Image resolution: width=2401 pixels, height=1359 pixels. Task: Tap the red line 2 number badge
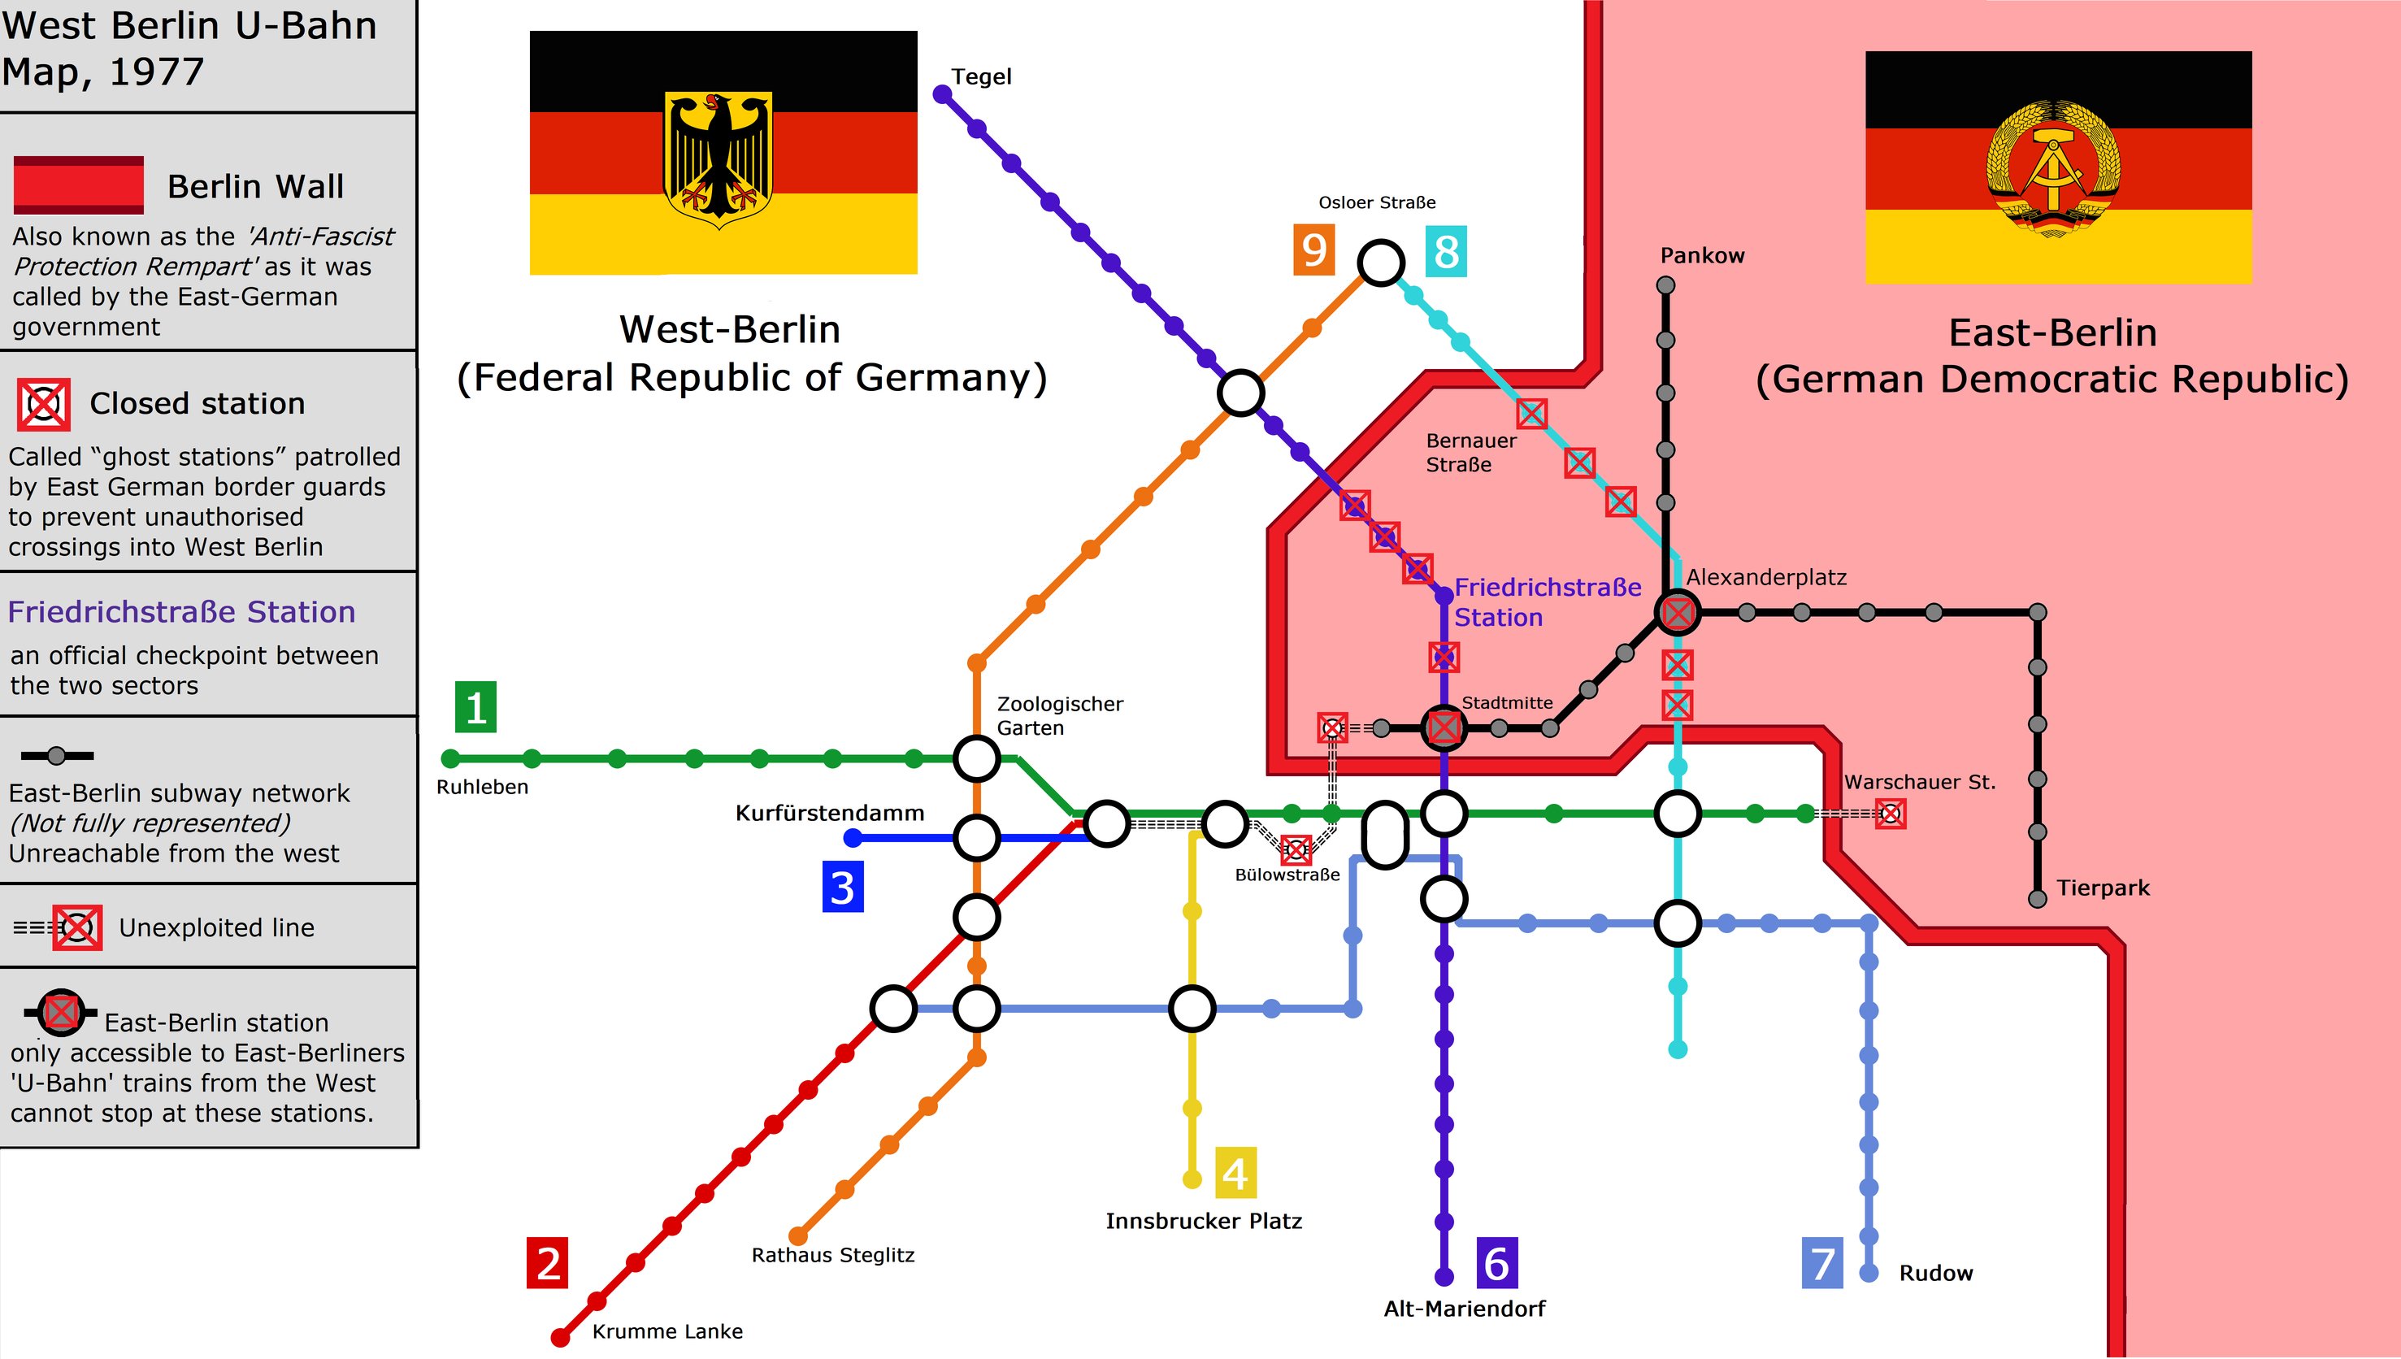click(x=548, y=1263)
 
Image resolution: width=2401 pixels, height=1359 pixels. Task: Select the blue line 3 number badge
click(x=843, y=887)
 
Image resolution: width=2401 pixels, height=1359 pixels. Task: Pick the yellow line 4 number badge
click(x=1235, y=1173)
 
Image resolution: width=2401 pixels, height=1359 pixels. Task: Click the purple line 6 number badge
click(x=1497, y=1263)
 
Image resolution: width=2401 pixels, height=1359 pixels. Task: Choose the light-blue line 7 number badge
click(x=1822, y=1263)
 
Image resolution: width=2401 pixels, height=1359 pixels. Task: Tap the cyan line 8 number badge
click(x=1447, y=251)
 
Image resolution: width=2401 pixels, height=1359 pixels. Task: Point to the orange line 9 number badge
click(x=1313, y=251)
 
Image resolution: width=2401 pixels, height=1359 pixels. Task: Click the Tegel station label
click(x=981, y=76)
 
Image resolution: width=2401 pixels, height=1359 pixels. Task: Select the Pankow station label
click(x=1702, y=256)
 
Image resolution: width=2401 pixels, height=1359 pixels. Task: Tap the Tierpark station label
click(x=2104, y=888)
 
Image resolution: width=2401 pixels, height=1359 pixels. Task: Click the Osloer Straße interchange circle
click(x=1381, y=263)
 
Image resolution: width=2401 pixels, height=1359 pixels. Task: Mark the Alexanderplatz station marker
click(x=1678, y=612)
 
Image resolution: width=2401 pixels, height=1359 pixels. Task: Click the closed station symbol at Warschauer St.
click(x=1891, y=814)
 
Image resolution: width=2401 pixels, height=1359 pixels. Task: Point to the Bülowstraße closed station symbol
click(x=1296, y=849)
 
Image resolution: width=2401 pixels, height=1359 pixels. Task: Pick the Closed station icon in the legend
click(x=44, y=404)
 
